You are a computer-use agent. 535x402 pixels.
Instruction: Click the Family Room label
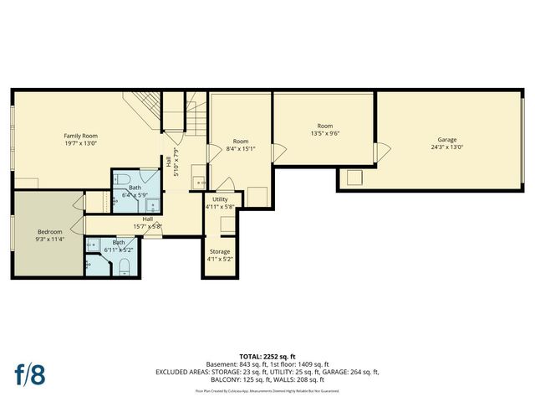point(81,135)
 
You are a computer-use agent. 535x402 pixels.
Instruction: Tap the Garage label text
point(447,139)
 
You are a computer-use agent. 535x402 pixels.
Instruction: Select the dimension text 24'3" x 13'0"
point(447,147)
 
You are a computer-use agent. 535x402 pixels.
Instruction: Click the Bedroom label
point(49,232)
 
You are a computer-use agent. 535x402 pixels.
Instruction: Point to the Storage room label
point(220,251)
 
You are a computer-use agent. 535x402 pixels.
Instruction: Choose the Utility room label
point(221,199)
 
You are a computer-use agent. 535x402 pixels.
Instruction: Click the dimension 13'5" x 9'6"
point(324,132)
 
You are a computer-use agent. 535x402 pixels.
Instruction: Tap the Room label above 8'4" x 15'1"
point(241,142)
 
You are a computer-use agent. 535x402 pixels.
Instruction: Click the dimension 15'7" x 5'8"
point(146,226)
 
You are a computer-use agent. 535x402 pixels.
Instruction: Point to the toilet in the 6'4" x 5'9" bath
point(122,179)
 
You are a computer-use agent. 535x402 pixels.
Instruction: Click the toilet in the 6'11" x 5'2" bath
point(124,266)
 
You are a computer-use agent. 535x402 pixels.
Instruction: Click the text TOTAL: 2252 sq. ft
point(267,357)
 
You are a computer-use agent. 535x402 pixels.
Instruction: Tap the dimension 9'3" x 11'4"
point(49,240)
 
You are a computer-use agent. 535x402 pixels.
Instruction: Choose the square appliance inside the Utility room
point(227,224)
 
